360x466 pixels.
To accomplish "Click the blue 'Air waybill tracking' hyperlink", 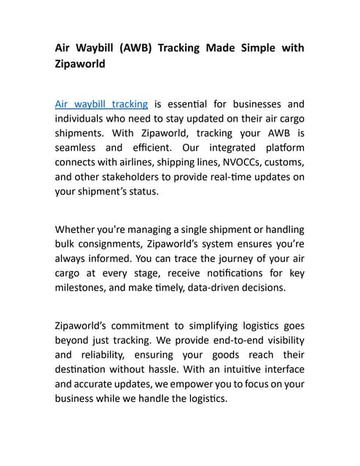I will tap(101, 104).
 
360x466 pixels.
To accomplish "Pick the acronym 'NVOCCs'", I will tap(222, 163).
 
